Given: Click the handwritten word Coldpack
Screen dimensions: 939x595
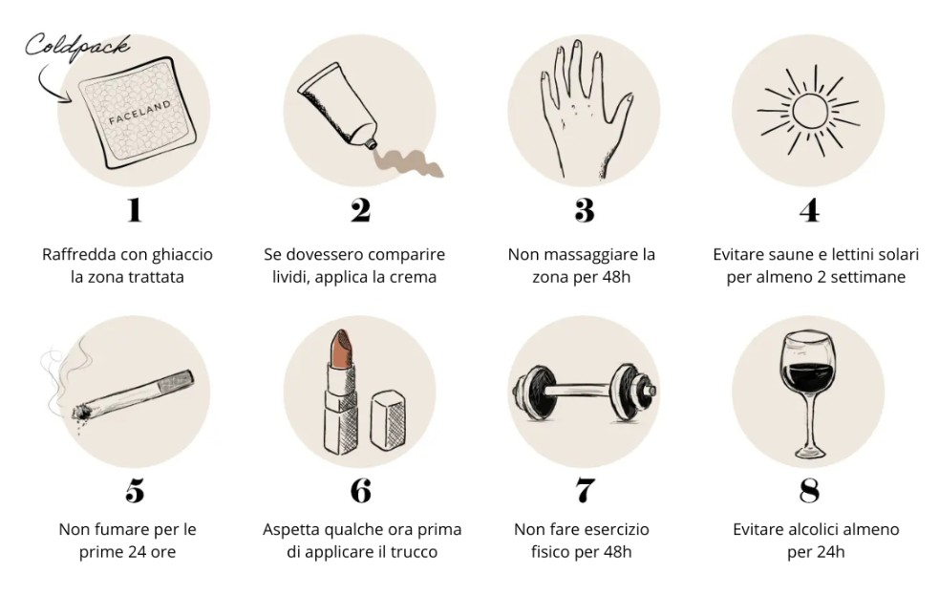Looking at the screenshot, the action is [76, 46].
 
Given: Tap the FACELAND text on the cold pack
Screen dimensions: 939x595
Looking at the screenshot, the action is [139, 112].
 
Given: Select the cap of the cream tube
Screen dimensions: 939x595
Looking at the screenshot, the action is [370, 142].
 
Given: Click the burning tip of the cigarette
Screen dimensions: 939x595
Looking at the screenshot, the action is [80, 413].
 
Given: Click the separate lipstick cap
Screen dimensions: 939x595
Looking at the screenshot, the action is [387, 419].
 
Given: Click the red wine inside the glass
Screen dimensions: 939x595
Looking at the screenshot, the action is [808, 377].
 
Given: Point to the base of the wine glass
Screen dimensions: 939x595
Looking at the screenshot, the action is [809, 452].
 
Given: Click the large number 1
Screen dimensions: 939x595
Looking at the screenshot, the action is [134, 210].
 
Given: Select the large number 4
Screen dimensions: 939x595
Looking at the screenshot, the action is [810, 210].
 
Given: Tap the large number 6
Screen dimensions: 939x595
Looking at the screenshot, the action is [360, 490].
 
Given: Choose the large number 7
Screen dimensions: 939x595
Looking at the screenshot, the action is [585, 490].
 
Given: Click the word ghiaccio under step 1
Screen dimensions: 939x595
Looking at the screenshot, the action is [182, 255].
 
